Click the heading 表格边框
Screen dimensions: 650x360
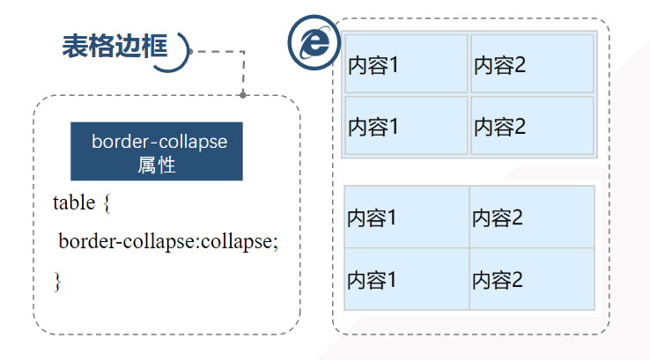click(114, 47)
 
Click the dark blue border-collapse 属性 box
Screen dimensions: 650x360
click(157, 151)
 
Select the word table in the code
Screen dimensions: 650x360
click(74, 203)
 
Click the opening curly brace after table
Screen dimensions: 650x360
click(107, 203)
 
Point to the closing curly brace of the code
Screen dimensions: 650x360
click(57, 281)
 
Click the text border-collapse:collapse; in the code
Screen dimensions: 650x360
click(168, 241)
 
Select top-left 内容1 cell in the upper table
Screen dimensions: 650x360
click(406, 64)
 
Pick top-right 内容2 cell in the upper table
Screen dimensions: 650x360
click(532, 64)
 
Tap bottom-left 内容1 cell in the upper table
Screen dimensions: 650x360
click(406, 126)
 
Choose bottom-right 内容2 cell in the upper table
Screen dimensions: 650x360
click(532, 126)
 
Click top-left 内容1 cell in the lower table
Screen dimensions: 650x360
click(406, 217)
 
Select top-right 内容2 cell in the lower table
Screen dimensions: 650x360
click(531, 217)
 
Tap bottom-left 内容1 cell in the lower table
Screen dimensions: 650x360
click(406, 279)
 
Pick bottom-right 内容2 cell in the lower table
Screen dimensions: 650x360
click(531, 279)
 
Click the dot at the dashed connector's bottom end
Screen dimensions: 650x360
click(243, 94)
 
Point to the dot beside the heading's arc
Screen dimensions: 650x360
click(190, 51)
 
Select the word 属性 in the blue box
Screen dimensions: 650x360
click(157, 165)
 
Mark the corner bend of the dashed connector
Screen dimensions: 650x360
click(243, 52)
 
